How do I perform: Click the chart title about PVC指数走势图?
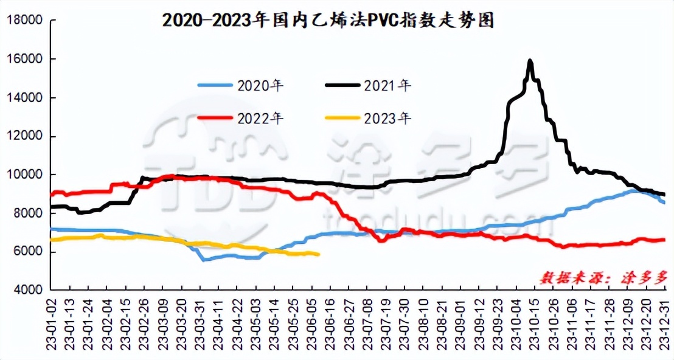[x=328, y=21]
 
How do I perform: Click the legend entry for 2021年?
[x=369, y=86]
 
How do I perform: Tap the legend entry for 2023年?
[x=369, y=118]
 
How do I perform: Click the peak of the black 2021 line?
[x=530, y=61]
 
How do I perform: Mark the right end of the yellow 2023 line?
[x=319, y=254]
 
